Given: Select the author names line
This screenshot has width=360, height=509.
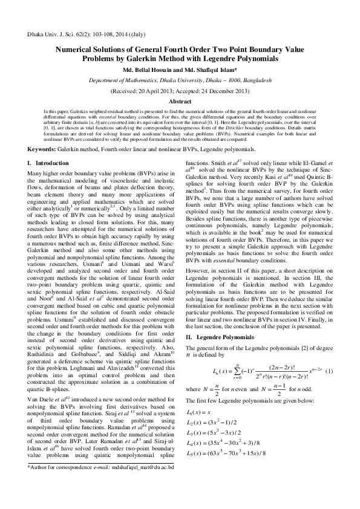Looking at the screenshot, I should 180,70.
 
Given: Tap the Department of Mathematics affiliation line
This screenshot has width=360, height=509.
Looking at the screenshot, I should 180,80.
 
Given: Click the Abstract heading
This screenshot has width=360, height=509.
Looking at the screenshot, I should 180,102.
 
